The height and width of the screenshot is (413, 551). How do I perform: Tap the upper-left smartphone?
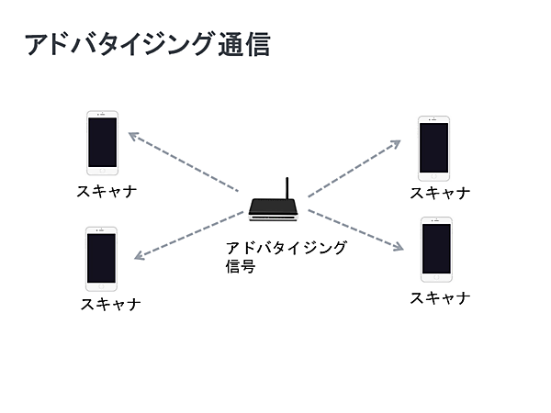click(x=102, y=143)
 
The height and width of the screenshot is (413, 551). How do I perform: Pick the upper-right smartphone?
click(x=433, y=147)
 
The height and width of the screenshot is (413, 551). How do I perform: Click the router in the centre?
click(x=275, y=210)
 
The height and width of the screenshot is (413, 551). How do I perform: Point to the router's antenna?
click(x=287, y=188)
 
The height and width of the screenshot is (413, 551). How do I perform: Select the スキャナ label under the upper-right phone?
click(x=440, y=193)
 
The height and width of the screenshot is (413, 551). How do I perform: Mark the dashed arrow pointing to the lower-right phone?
click(x=356, y=229)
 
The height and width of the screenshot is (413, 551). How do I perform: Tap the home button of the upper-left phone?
click(x=102, y=170)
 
